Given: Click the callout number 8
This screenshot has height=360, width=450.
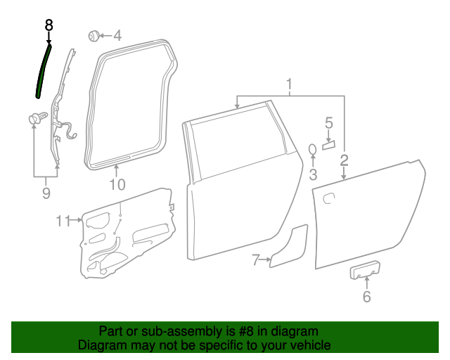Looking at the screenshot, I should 49,24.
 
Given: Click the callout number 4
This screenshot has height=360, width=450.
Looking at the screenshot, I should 117,34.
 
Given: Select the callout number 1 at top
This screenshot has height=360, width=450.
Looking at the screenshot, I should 289,86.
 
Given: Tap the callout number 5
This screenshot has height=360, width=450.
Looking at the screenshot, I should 328,124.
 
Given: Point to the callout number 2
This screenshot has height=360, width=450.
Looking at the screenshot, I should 344,160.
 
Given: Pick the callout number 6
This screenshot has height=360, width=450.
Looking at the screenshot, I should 366,297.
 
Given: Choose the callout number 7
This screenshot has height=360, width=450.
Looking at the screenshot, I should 257,260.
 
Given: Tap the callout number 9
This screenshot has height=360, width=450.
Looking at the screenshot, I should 46,193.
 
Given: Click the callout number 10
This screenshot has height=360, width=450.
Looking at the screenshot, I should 117,185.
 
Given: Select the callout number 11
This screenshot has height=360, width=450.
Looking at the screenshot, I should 64,221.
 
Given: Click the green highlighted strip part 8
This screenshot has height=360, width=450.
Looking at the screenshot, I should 43,70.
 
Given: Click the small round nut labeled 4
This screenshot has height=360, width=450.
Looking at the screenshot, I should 92,34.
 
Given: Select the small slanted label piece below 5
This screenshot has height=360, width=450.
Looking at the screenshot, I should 328,146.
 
